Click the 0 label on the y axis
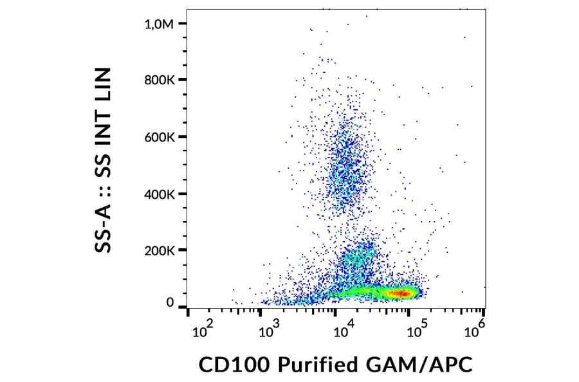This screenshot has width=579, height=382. [x=170, y=302]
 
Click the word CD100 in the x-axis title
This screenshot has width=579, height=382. [x=234, y=365]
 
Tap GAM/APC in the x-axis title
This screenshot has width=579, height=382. [x=418, y=365]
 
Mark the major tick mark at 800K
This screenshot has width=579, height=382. [x=183, y=80]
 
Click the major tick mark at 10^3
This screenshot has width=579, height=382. [x=260, y=313]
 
